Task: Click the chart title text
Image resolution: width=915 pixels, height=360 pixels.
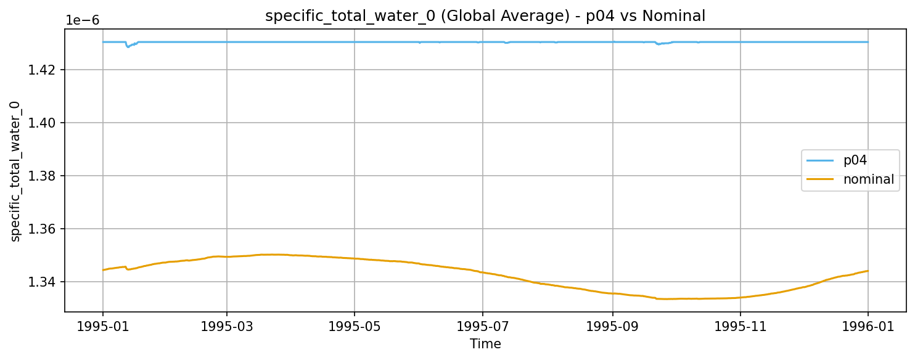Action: coord(485,17)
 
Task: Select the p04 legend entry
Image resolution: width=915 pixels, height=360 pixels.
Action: coord(855,160)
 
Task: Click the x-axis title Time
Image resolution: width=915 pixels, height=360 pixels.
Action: coord(485,344)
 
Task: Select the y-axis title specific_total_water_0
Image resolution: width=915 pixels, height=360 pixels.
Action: coord(15,171)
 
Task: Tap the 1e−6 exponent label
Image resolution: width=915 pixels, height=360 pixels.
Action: coord(83,20)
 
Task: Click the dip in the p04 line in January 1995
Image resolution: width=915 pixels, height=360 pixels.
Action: coord(128,46)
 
